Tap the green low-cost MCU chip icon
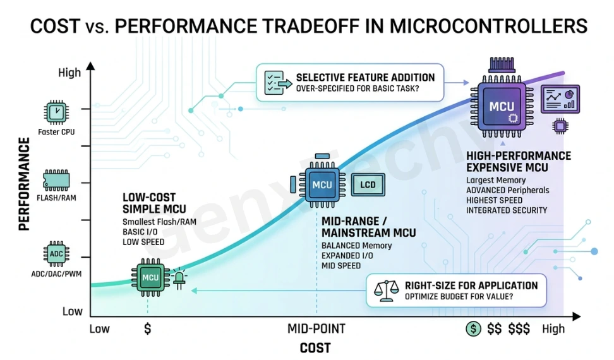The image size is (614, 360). click(x=150, y=277)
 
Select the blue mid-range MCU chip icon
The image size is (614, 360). click(x=322, y=184)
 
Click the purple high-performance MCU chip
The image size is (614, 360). click(x=502, y=107)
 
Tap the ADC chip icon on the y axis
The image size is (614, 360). click(x=56, y=254)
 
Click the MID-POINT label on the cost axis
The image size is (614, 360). click(x=316, y=328)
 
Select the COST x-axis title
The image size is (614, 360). click(x=315, y=348)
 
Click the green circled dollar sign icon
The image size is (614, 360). click(x=473, y=328)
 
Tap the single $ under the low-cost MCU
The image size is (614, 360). click(x=148, y=328)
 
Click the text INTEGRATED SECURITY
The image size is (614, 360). click(x=507, y=210)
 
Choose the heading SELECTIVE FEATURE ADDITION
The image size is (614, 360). click(x=365, y=77)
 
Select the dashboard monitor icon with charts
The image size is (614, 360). click(x=560, y=98)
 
